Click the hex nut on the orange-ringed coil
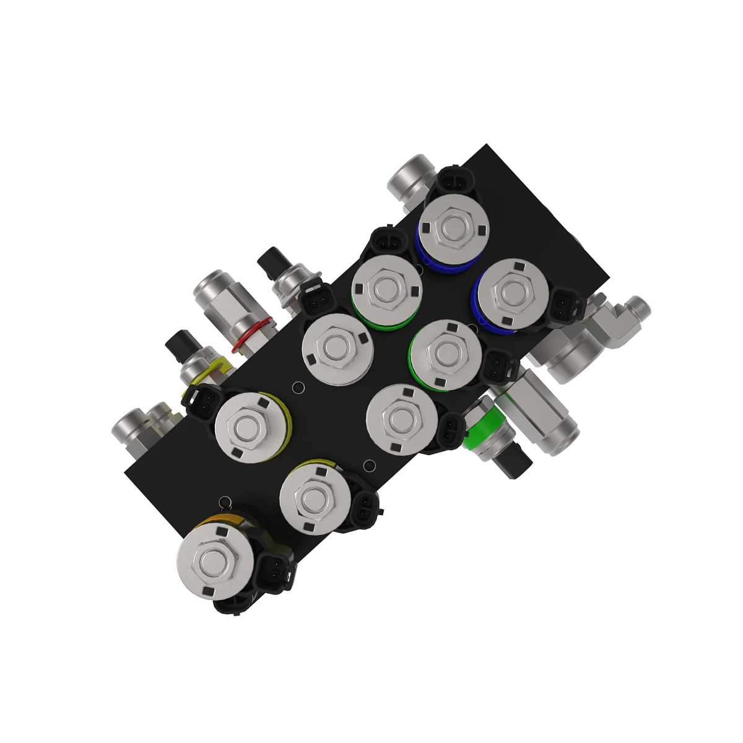click(x=214, y=562)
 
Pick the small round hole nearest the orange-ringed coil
click(x=226, y=501)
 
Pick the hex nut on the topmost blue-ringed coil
click(x=451, y=229)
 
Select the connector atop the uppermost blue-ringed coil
click(x=456, y=181)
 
